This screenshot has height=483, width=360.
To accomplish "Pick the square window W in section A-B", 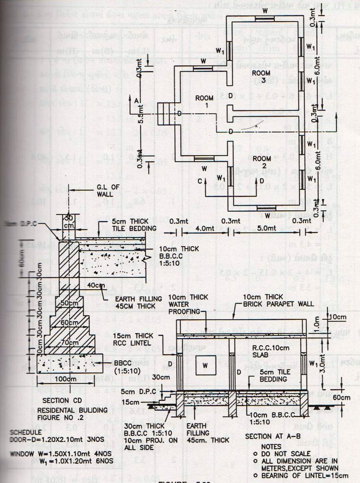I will point(205,365).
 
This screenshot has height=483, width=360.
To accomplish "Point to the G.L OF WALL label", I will point(107,190).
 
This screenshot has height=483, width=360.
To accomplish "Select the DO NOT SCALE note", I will point(281,453).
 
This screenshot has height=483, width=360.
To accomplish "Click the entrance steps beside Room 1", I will point(166,114).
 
